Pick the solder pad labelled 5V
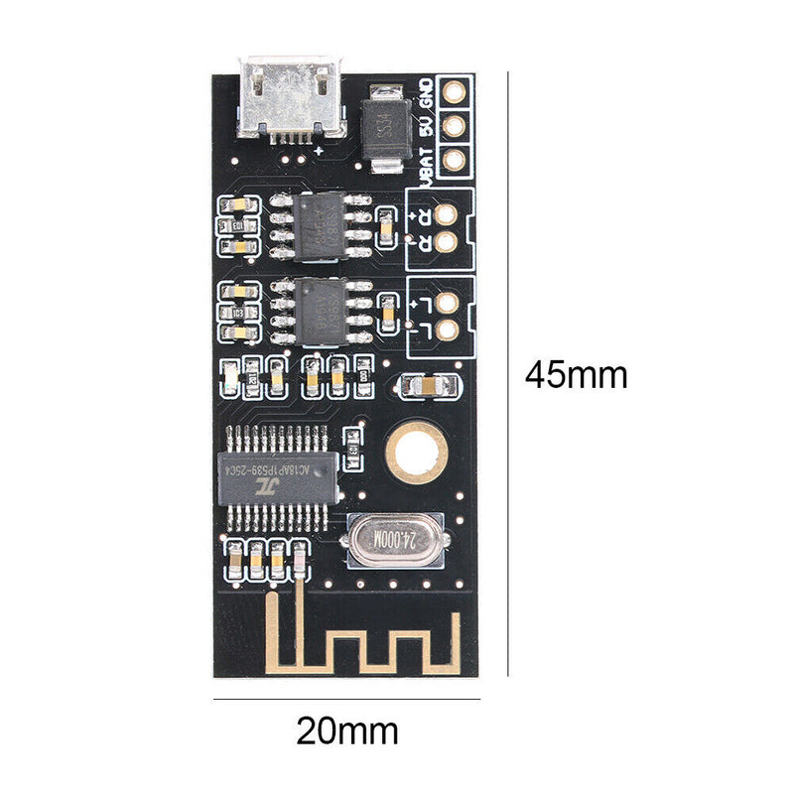pyautogui.click(x=455, y=126)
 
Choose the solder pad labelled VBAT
pyautogui.click(x=455, y=159)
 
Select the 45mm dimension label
pyautogui.click(x=577, y=375)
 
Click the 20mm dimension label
pyautogui.click(x=347, y=731)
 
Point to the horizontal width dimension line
pyautogui.click(x=346, y=699)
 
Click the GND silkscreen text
pyautogui.click(x=428, y=92)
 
